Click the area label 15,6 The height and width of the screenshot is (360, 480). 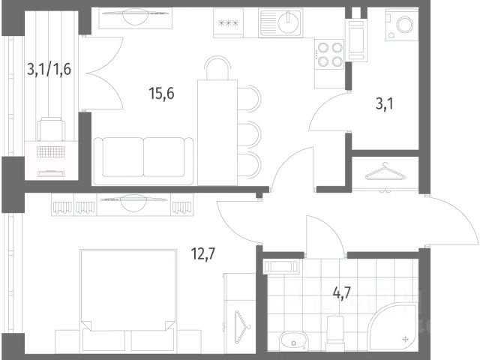(x=162, y=93)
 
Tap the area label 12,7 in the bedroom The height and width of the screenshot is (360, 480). (x=203, y=253)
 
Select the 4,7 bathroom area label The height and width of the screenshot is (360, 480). (x=341, y=293)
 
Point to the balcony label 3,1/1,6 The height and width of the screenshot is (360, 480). (x=49, y=69)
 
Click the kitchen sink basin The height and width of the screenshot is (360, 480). (x=288, y=22)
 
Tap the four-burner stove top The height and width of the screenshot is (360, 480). (x=330, y=55)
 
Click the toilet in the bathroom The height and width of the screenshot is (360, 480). (x=336, y=333)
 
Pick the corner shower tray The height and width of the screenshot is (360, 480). (x=393, y=327)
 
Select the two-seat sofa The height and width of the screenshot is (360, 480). (x=143, y=161)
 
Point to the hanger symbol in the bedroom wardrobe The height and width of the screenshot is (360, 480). (x=241, y=327)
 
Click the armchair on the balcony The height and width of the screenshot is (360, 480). (x=51, y=129)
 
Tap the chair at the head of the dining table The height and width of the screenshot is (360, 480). (x=217, y=67)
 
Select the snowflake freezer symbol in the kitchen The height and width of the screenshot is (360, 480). (x=228, y=23)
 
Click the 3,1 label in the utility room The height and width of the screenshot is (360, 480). (x=385, y=104)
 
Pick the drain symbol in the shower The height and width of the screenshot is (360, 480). (x=406, y=339)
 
